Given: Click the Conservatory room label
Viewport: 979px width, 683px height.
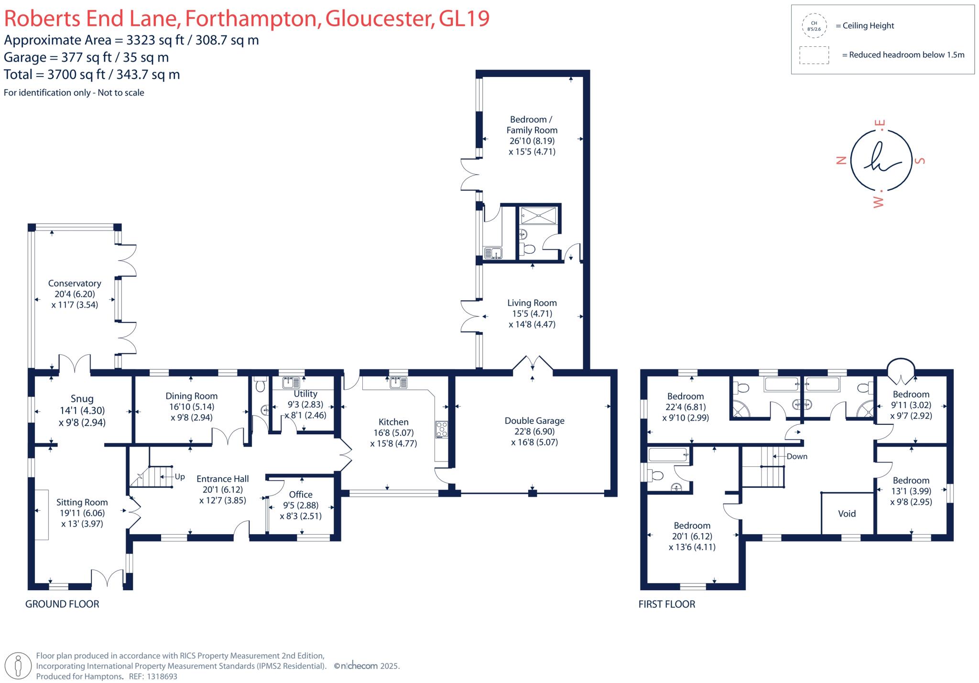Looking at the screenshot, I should coord(75,283).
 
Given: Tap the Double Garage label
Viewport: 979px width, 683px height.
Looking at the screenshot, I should coord(534,421).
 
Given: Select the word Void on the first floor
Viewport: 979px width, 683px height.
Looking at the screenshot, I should coord(847,514).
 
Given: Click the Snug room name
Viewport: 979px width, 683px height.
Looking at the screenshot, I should coord(82,399).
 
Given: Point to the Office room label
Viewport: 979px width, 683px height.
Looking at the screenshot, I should coord(301,495).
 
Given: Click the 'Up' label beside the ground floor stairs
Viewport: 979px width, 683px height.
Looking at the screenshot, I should coord(180,476).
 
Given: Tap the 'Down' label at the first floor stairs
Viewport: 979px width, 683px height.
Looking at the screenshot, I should coord(797,456).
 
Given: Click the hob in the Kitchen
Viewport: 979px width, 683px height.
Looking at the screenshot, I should coord(441,430).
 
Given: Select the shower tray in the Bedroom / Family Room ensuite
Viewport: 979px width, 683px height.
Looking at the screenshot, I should coord(539,215).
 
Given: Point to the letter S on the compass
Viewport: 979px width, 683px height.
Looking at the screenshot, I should coord(919,161).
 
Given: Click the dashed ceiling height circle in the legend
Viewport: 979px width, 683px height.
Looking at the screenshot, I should coord(814,26).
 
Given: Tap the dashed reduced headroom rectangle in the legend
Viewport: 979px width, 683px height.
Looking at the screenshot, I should coord(814,55).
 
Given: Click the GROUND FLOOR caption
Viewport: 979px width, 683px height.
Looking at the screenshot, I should coord(62,604).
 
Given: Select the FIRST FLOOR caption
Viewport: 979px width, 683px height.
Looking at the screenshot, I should coord(666,604).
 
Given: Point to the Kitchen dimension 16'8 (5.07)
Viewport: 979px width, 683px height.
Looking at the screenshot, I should coord(393,433).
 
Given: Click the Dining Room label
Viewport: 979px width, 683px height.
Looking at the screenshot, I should coord(191,396).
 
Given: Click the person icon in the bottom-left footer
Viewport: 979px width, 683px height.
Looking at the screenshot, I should coord(19,665).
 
